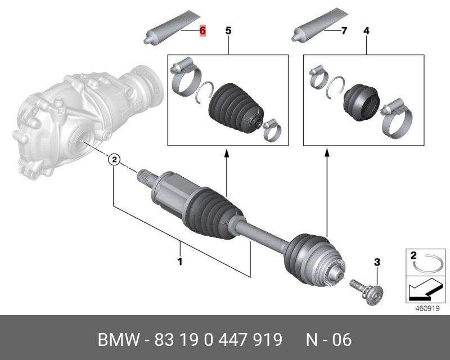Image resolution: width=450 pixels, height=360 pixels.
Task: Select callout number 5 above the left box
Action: (228, 30)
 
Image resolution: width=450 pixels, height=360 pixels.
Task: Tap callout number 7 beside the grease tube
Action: (344, 30)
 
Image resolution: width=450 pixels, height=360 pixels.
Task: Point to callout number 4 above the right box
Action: (366, 30)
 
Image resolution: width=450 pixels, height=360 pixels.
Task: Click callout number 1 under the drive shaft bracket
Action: (181, 261)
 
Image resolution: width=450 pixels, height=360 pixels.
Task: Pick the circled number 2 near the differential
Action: (114, 160)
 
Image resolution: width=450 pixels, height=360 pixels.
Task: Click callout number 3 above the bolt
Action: (377, 262)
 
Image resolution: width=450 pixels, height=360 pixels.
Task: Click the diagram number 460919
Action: (426, 308)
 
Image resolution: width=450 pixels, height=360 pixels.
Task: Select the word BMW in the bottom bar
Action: (118, 340)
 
